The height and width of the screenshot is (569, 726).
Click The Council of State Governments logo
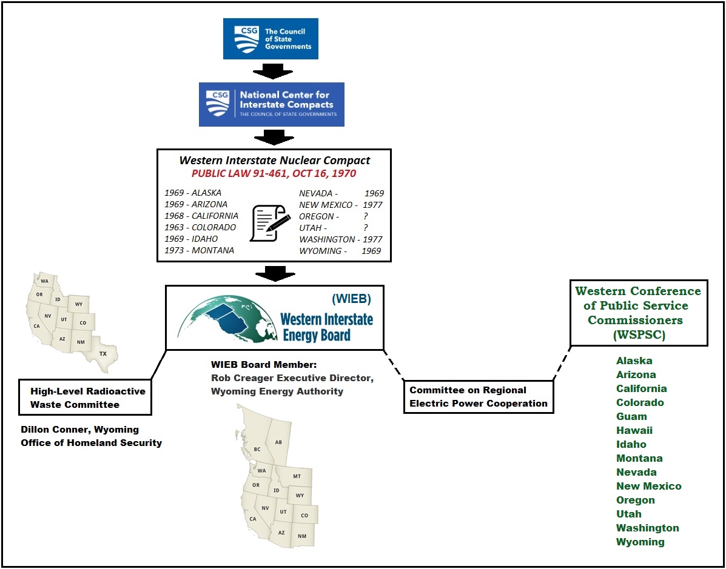(271, 39)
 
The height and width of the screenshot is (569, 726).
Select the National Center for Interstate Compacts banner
(272, 104)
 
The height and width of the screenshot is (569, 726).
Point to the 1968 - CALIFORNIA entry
(201, 216)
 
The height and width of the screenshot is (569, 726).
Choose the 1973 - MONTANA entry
(199, 250)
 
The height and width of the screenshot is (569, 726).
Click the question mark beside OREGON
(366, 216)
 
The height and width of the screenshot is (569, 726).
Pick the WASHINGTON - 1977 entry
(341, 239)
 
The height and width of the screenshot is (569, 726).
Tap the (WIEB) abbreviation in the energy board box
(351, 299)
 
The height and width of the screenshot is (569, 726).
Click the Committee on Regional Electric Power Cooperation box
(479, 397)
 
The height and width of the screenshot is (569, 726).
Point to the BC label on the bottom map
(257, 449)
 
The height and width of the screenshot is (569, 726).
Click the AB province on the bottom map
(278, 442)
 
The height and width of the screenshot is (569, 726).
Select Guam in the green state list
(631, 416)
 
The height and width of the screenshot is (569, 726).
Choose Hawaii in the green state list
(634, 430)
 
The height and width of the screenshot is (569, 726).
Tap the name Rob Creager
(237, 378)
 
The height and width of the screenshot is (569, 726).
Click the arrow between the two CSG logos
(271, 71)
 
